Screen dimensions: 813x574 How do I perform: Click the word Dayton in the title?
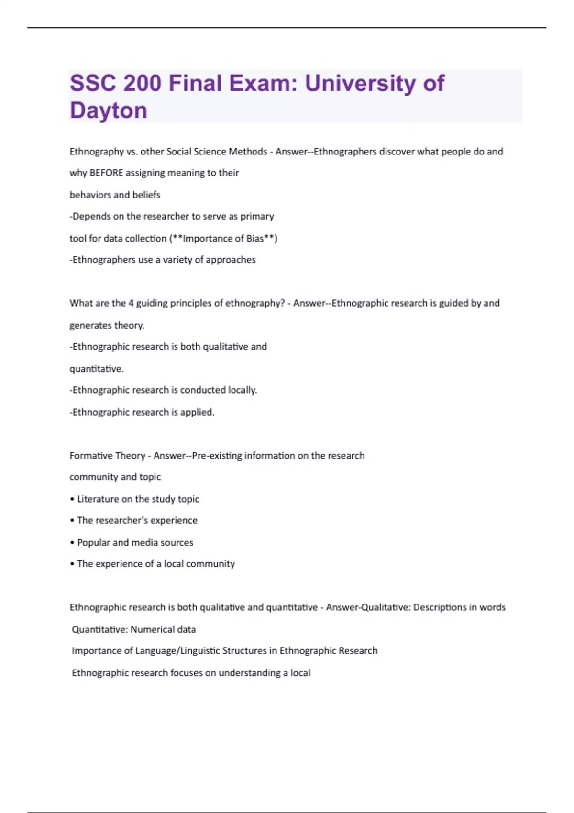(x=109, y=110)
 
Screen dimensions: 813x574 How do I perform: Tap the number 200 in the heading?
(x=142, y=83)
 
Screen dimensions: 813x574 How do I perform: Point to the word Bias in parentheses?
(x=255, y=238)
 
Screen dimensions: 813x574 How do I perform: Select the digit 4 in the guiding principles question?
(x=131, y=303)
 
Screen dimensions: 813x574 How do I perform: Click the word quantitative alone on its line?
(x=96, y=369)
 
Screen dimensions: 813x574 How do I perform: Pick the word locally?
(x=243, y=390)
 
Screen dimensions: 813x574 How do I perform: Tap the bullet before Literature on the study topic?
(x=72, y=499)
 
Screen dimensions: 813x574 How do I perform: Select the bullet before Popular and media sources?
(x=72, y=543)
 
